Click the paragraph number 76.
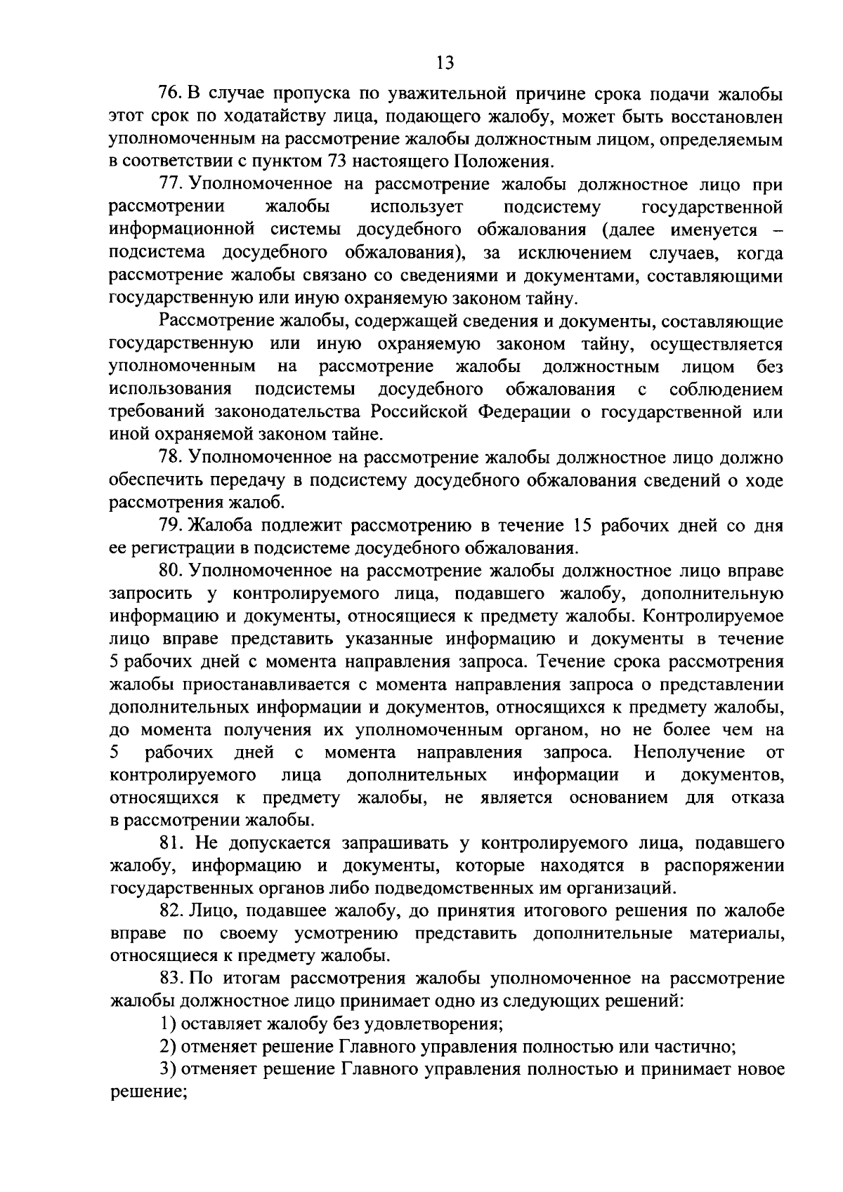click(171, 94)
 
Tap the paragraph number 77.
click(171, 185)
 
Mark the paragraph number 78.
click(171, 458)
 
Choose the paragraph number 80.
click(171, 571)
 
